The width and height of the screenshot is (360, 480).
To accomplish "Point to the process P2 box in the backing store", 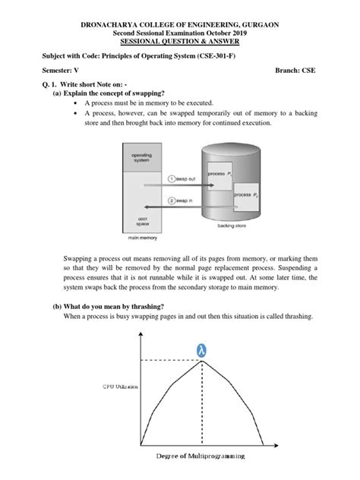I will point(245,195).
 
